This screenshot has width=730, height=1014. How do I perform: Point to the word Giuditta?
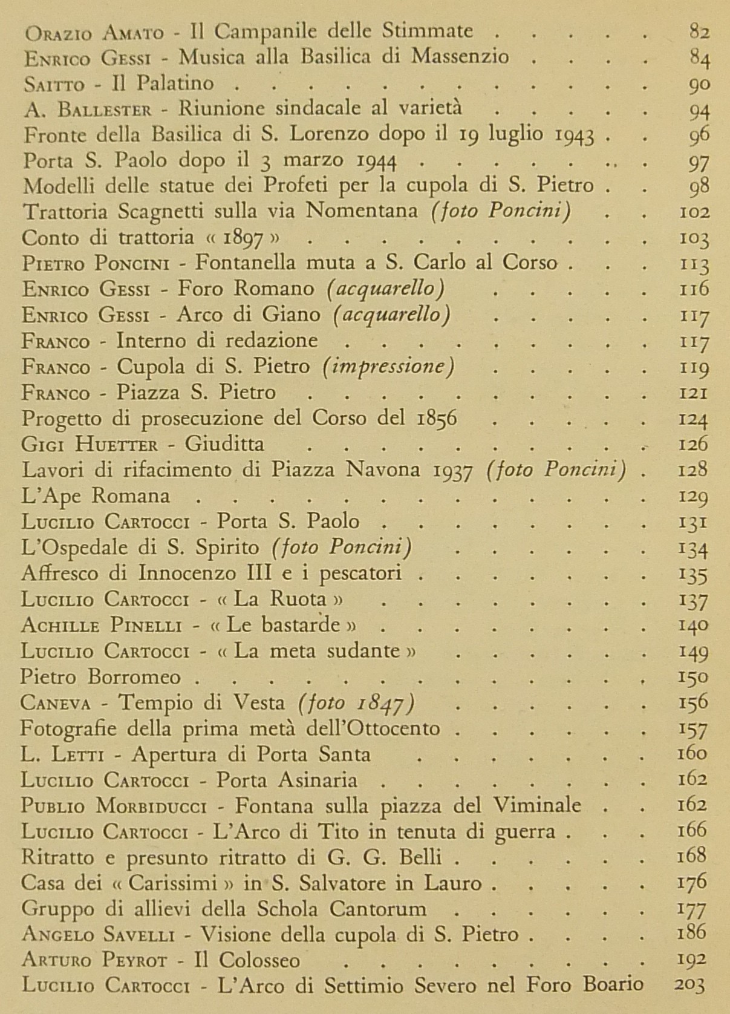coord(224,445)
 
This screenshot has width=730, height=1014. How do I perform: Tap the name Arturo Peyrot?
coord(102,960)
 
